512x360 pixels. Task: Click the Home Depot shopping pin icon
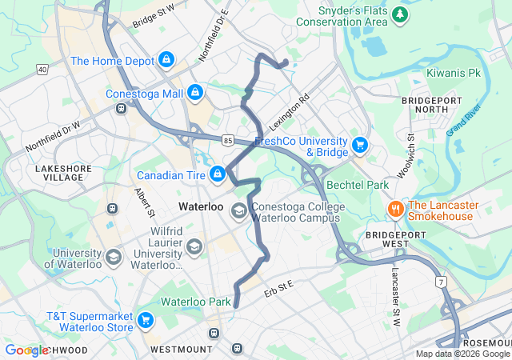point(166,60)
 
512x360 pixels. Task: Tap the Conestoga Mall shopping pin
point(194,94)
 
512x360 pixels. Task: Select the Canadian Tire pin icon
point(217,174)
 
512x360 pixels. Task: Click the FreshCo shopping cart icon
point(360,146)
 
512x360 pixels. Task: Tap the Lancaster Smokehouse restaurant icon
point(395,209)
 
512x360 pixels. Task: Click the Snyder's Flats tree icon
point(399,15)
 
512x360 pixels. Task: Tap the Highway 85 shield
point(228,139)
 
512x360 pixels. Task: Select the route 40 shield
point(42,70)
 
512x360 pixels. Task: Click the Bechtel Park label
point(358,185)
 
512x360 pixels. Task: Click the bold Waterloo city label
point(200,206)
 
